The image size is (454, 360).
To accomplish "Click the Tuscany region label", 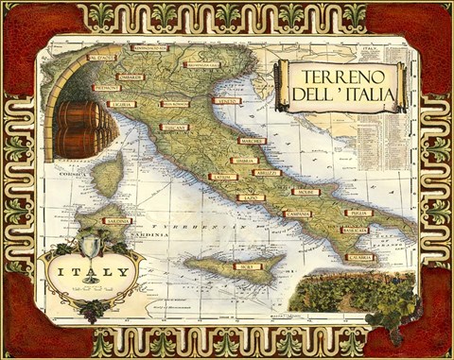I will pyautogui.click(x=173, y=127).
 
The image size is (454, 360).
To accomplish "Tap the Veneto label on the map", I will pyautogui.click(x=226, y=100).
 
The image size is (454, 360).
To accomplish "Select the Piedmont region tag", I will pyautogui.click(x=106, y=87).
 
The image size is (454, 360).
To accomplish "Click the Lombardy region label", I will pyautogui.click(x=130, y=77).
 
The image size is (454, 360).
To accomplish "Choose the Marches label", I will pyautogui.click(x=251, y=141).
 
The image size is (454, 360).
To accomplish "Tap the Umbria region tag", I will pyautogui.click(x=243, y=161).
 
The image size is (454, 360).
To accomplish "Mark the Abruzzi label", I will pyautogui.click(x=268, y=173).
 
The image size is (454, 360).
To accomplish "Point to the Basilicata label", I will pyautogui.click(x=354, y=230).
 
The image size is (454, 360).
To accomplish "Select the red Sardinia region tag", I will pyautogui.click(x=117, y=222).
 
